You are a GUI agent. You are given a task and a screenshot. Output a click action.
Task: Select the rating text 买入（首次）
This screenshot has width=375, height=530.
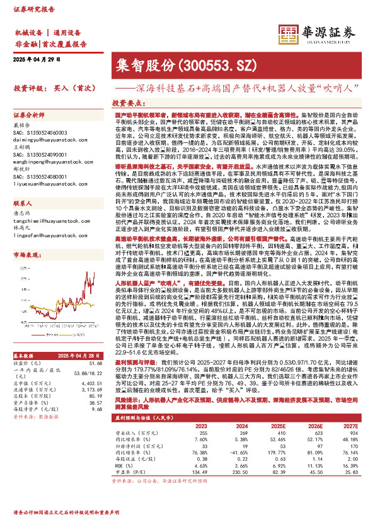pyautogui.click(x=74, y=88)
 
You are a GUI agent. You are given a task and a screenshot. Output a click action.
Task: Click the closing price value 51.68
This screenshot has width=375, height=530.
pyautogui.click(x=96, y=363)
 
